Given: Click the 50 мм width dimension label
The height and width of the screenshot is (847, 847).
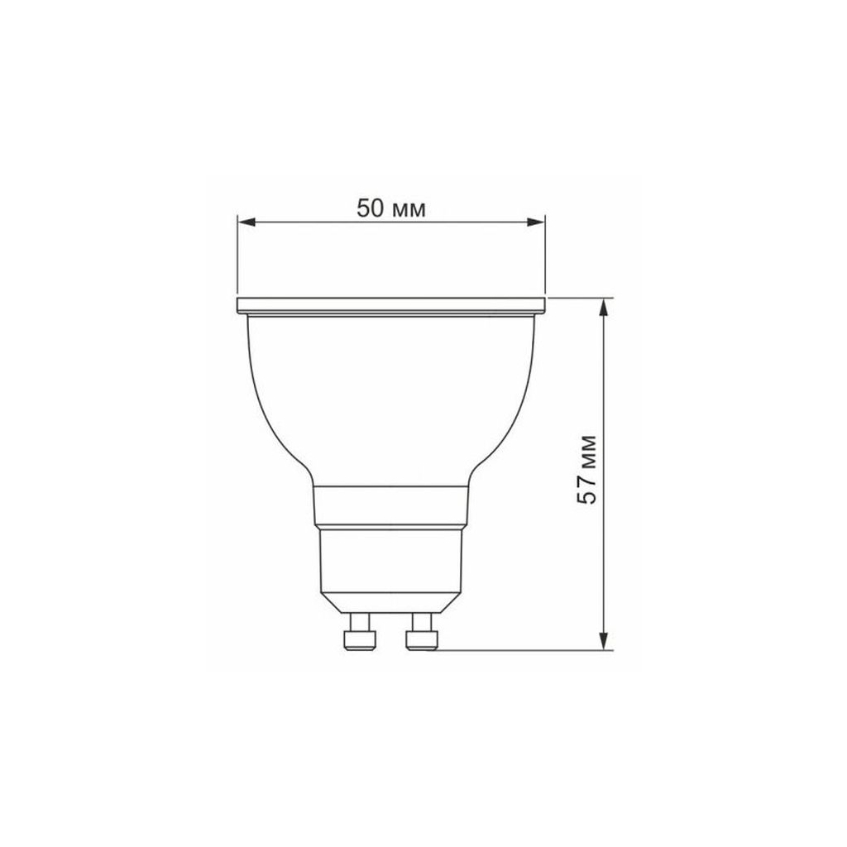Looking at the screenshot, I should (391, 208).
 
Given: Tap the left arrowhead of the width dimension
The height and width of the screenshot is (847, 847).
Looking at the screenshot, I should (246, 222).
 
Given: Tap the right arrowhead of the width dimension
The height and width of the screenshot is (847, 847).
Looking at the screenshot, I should (538, 222).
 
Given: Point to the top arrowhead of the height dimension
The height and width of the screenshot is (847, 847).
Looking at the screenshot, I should (605, 305).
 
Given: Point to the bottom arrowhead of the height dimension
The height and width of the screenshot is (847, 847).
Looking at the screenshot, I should (605, 641).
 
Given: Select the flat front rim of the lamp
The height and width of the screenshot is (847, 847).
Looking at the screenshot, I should (391, 305).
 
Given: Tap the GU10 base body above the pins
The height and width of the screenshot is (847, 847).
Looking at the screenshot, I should (391, 567).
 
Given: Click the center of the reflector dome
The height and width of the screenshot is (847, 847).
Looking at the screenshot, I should (391, 397).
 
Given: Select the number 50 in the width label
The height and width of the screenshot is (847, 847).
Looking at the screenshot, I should (371, 208).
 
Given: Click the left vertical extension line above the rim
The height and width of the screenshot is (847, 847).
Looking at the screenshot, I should (237, 256).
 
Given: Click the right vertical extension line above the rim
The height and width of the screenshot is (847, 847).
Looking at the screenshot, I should (546, 256).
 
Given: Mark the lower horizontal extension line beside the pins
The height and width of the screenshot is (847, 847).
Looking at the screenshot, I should (521, 650).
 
